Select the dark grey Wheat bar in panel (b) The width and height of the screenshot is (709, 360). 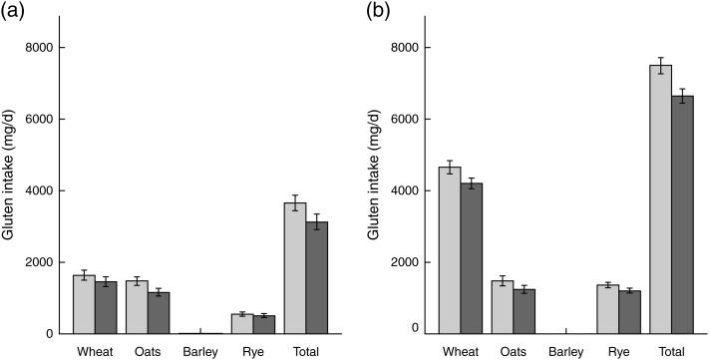(473, 257)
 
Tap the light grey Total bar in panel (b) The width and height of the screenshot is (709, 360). (660, 199)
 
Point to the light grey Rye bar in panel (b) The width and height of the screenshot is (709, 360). (608, 309)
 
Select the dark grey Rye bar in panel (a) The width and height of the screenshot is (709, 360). (264, 324)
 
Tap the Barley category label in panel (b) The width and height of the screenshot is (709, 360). (566, 351)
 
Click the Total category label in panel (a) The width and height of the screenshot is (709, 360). (306, 351)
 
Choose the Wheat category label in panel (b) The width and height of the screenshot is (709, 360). (461, 351)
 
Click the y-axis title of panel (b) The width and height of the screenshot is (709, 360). (376, 189)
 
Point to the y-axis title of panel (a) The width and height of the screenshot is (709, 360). (9, 189)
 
